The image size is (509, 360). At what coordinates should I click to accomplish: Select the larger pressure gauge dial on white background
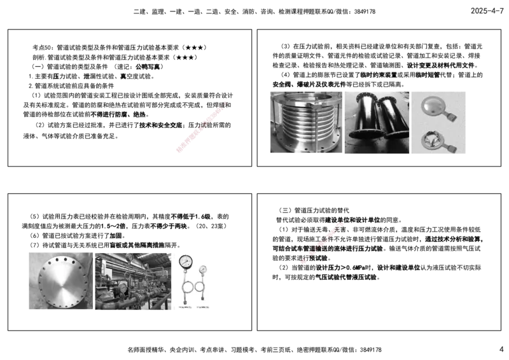pyautogui.click(x=185, y=261)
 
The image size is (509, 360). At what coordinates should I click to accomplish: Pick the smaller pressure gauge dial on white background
pyautogui.click(x=202, y=269)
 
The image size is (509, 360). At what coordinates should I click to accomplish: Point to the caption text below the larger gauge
pyautogui.click(x=185, y=307)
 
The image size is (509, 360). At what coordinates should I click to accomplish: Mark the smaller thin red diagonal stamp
pyautogui.click(x=322, y=243)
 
